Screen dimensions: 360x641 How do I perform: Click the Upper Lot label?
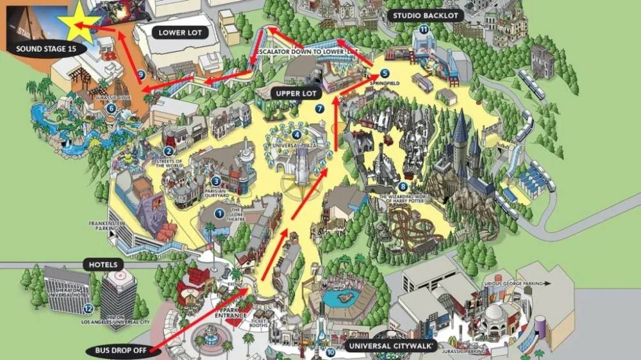tap(296, 94)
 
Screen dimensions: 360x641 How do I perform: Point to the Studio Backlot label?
tap(426, 16)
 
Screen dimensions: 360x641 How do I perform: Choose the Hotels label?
tap(103, 264)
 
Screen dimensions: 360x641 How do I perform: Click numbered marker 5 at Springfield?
tap(384, 73)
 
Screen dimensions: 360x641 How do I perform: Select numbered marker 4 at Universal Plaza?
tap(296, 135)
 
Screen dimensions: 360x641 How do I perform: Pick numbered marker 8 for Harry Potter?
tap(403, 186)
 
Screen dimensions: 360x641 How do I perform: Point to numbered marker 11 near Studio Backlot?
tap(424, 29)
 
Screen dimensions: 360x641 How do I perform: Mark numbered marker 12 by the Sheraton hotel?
tap(88, 309)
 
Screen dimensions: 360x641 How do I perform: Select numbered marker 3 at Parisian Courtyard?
tap(215, 181)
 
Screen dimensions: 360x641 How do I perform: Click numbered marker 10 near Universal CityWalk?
tap(330, 351)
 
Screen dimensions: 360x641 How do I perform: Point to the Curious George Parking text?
tap(519, 282)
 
